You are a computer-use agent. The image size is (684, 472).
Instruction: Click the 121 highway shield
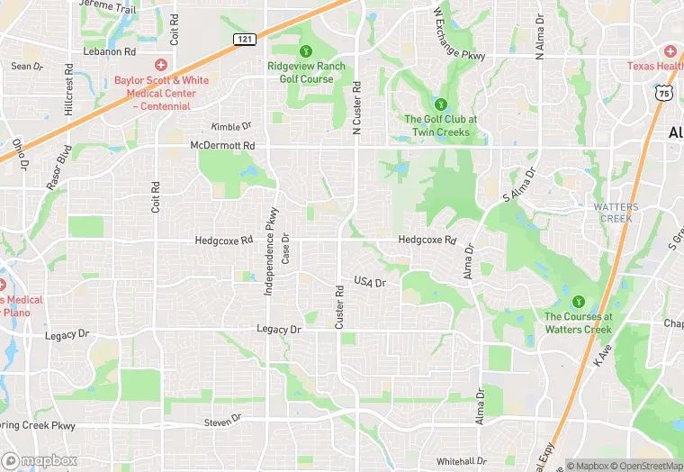pyautogui.click(x=245, y=39)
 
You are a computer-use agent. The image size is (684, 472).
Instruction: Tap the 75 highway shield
pyautogui.click(x=664, y=93)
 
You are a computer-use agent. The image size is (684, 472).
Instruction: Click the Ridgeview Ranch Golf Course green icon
pyautogui.click(x=306, y=50)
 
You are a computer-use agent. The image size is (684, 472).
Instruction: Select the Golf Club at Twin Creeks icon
pyautogui.click(x=440, y=104)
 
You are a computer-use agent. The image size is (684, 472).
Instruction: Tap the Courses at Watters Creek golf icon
pyautogui.click(x=578, y=301)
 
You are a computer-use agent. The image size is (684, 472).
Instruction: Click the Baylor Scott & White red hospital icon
pyautogui.click(x=161, y=65)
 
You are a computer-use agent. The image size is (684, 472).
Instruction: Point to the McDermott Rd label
pyautogui.click(x=222, y=145)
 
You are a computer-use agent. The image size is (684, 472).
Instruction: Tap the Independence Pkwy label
pyautogui.click(x=269, y=252)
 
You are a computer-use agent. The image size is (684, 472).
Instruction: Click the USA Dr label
pyautogui.click(x=369, y=283)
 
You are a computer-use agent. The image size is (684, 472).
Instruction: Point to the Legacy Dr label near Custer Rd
pyautogui.click(x=278, y=330)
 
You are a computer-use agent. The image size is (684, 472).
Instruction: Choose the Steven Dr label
pyautogui.click(x=223, y=420)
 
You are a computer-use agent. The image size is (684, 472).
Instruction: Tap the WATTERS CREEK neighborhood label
pyautogui.click(x=616, y=213)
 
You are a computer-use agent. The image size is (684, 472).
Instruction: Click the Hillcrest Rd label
pyautogui.click(x=69, y=88)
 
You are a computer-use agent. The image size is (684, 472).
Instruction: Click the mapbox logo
pyautogui.click(x=40, y=460)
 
